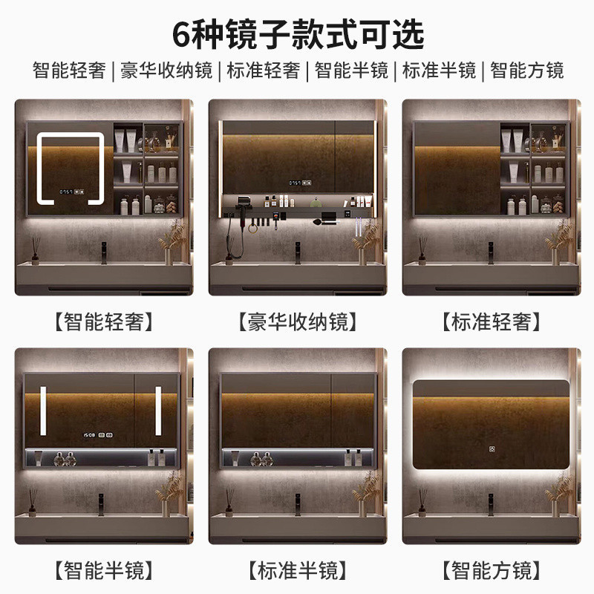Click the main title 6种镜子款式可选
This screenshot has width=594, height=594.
(x=298, y=35)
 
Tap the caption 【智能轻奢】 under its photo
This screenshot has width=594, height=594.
(x=104, y=322)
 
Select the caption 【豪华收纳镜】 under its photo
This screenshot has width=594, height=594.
(x=298, y=322)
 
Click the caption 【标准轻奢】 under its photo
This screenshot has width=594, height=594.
(x=492, y=322)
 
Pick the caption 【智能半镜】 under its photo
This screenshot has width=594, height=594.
(x=104, y=570)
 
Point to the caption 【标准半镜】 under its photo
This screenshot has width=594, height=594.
(x=298, y=570)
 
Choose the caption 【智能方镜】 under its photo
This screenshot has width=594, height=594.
(x=492, y=570)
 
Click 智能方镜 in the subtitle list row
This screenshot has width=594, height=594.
(x=527, y=71)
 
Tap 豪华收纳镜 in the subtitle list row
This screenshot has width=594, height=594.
(x=166, y=71)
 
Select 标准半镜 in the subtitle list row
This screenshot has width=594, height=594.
(x=439, y=71)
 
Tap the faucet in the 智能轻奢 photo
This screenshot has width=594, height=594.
(x=103, y=252)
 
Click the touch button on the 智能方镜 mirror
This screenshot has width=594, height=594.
(x=492, y=449)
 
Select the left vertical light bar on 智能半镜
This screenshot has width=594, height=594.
(x=43, y=411)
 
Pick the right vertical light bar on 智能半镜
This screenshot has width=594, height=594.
(x=158, y=411)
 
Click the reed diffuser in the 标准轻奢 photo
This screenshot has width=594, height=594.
(x=422, y=251)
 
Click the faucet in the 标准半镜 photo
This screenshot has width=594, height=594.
(x=298, y=504)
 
